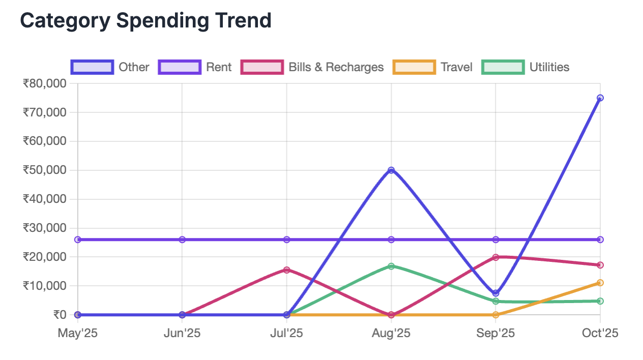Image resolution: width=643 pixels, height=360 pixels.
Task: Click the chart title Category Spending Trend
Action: point(145,21)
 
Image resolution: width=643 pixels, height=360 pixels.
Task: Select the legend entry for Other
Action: point(110,67)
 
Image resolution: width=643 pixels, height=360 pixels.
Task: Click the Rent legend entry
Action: point(195,67)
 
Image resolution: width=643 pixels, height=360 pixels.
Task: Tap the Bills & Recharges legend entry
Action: point(313,67)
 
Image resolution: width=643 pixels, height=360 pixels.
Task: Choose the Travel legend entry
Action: point(433,67)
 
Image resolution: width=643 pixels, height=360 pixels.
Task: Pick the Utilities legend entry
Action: point(525,67)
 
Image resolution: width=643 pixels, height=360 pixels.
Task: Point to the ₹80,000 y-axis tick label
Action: point(45,83)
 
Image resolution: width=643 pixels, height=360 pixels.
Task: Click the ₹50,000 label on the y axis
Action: point(45,170)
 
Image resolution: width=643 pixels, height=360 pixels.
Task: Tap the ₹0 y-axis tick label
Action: point(60,315)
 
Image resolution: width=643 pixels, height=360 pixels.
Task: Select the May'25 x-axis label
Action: point(78,334)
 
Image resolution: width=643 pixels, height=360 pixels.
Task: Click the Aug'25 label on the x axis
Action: point(391,334)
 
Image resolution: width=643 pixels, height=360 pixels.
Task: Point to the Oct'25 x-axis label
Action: point(600,334)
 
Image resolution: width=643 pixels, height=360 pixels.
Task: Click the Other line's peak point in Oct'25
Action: point(600,98)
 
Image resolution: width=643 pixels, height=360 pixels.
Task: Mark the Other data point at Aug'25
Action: point(391,170)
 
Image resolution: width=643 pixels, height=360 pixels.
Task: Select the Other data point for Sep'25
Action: point(495,293)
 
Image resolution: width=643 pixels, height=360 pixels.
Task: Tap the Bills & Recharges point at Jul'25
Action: point(287,269)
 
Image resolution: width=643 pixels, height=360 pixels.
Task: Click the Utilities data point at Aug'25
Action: point(391,266)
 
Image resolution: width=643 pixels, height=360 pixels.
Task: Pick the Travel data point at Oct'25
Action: point(600,283)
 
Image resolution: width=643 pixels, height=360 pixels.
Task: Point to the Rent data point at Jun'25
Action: point(182,239)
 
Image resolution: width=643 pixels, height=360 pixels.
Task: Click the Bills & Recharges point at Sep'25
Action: point(495,257)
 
